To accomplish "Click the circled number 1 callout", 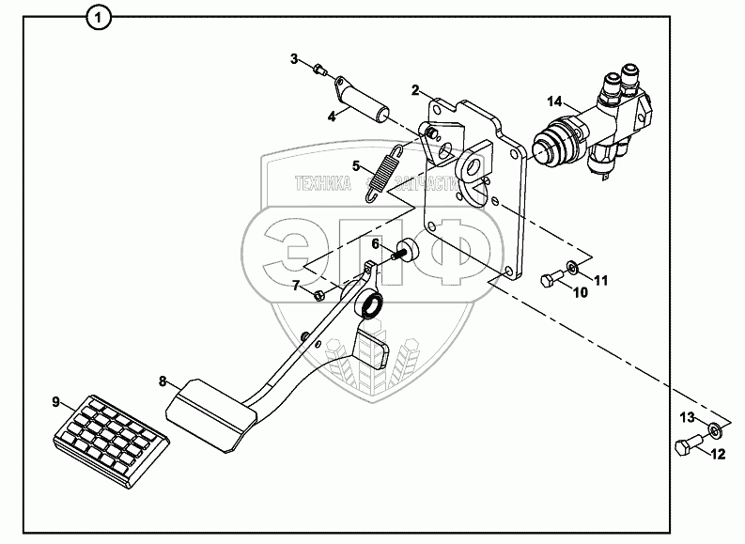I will pos(98,15).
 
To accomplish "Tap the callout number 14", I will pos(555,101).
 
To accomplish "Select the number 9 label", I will pos(54,401).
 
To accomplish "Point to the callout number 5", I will pos(356,165).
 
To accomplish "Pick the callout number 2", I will pos(414,90).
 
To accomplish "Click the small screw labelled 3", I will pos(320,68).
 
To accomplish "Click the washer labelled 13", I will pos(715,430).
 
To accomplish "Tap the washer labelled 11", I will pos(573,271).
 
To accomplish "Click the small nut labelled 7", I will pos(320,296).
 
